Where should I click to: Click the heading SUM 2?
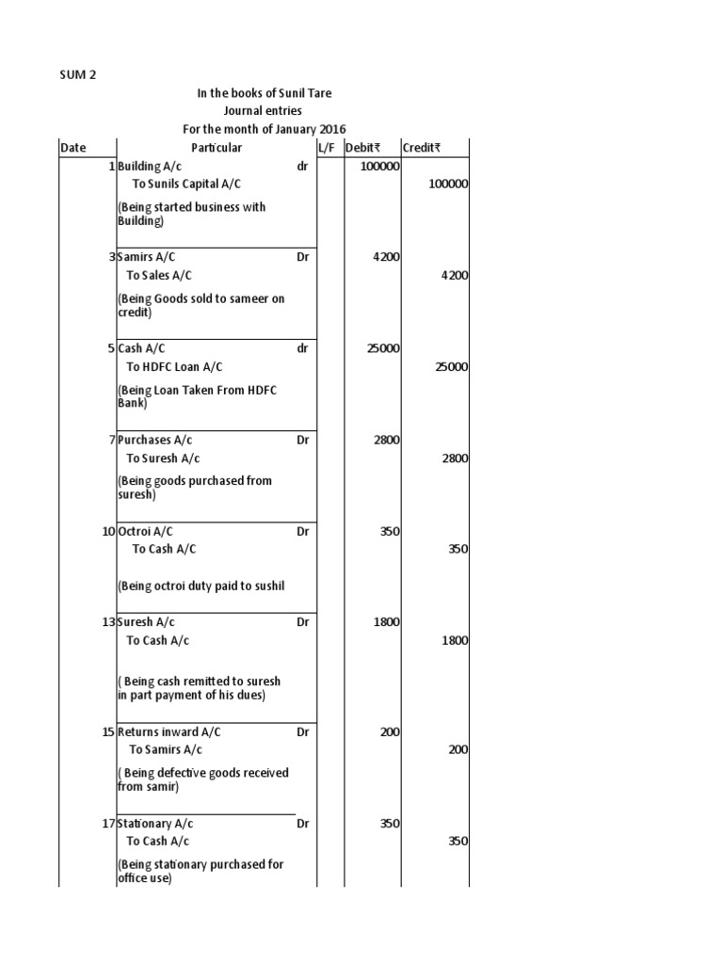coord(78,75)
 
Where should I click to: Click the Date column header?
coord(72,148)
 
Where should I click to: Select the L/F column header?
coord(327,148)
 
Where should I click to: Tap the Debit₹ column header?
coord(362,148)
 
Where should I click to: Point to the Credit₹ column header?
coord(421,148)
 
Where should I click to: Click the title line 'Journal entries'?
coord(264,111)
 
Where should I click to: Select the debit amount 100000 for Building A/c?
coord(379,167)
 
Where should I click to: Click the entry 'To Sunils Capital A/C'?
coord(186,185)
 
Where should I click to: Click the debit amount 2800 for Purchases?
coord(386,441)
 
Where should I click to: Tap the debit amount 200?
coord(390,732)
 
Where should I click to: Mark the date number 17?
coord(108,824)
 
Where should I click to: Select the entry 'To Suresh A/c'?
coord(163,458)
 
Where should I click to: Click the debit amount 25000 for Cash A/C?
coord(382,349)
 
